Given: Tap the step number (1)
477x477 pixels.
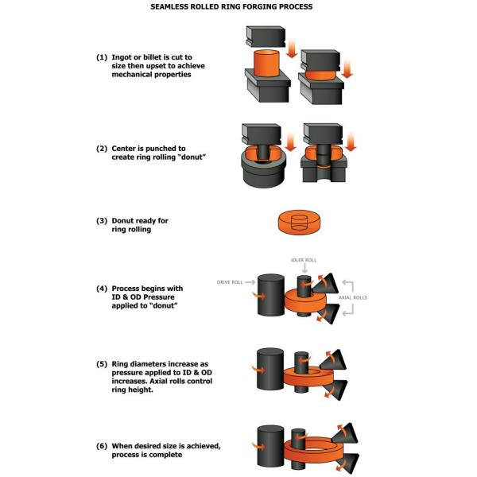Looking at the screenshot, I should pyautogui.click(x=102, y=59).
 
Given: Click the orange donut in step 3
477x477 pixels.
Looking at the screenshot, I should pyautogui.click(x=299, y=222).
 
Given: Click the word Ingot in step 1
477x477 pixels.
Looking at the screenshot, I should pyautogui.click(x=126, y=59).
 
